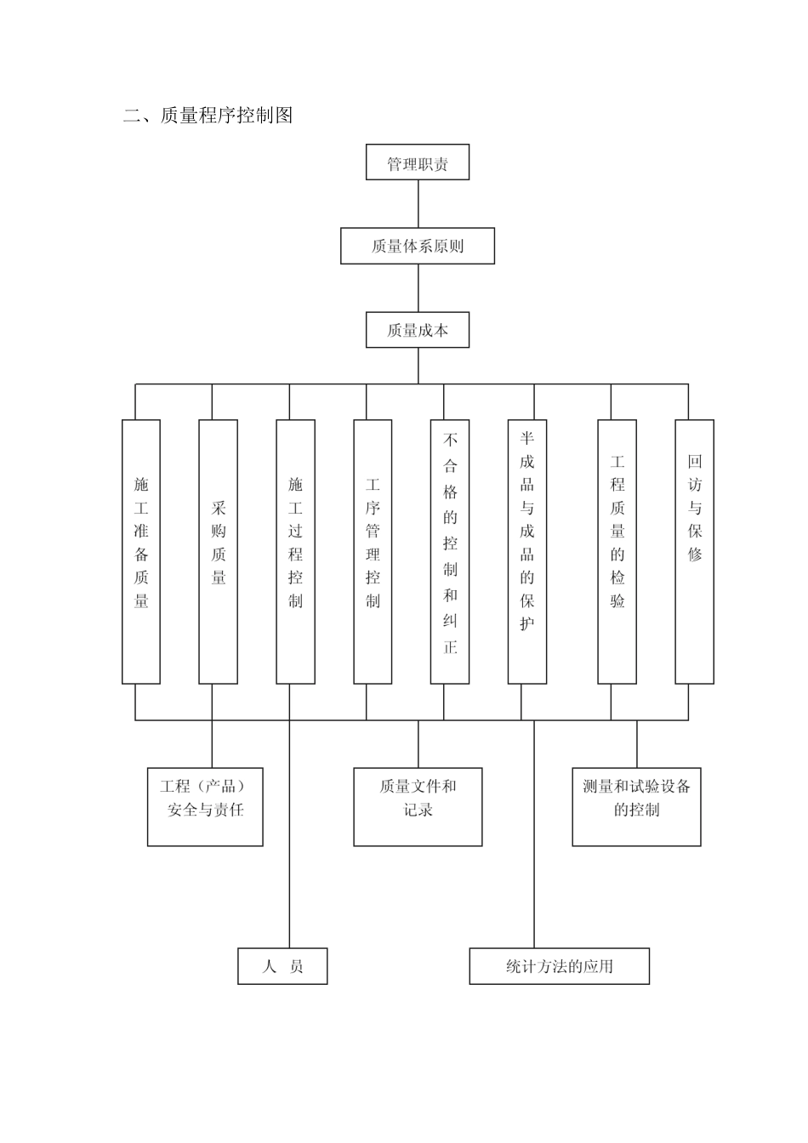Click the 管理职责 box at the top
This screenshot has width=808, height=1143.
click(x=418, y=162)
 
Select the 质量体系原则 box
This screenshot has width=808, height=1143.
click(x=418, y=246)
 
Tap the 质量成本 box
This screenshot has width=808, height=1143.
click(x=418, y=330)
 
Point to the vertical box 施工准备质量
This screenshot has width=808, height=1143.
click(x=141, y=551)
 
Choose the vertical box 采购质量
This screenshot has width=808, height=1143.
click(x=219, y=551)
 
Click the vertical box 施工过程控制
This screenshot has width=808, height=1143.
click(x=295, y=551)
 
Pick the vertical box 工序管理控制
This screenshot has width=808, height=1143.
click(x=373, y=551)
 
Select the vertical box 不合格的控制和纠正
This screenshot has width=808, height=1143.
click(x=450, y=551)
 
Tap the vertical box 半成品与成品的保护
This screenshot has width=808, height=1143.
click(x=527, y=551)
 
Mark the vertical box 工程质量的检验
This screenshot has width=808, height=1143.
click(x=617, y=551)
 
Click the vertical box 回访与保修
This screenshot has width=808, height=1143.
click(x=695, y=551)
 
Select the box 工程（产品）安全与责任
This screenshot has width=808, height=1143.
click(x=205, y=807)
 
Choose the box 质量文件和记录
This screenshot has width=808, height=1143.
click(x=418, y=807)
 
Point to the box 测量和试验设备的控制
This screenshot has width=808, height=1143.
click(x=636, y=807)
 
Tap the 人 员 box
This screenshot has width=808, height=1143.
click(x=282, y=966)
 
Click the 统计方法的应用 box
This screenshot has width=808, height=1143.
click(x=559, y=966)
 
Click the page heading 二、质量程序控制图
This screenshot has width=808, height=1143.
click(x=208, y=116)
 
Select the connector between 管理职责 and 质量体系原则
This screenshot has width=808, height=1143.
click(x=418, y=204)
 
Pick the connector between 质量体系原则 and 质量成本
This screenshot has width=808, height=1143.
click(x=418, y=288)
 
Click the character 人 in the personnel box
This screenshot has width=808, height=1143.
click(x=270, y=966)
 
